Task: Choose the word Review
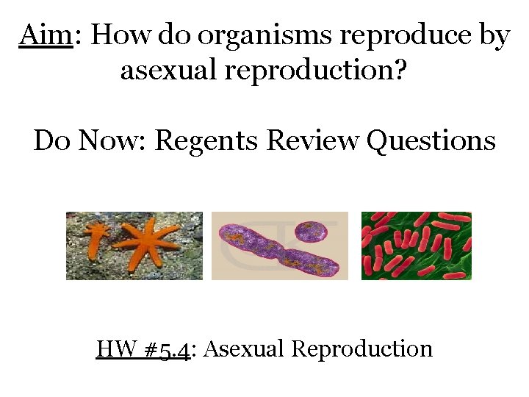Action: [x=312, y=140]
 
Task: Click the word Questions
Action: [x=431, y=140]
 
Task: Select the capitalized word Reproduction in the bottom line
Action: [x=361, y=348]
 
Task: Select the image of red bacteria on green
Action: [x=416, y=246]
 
